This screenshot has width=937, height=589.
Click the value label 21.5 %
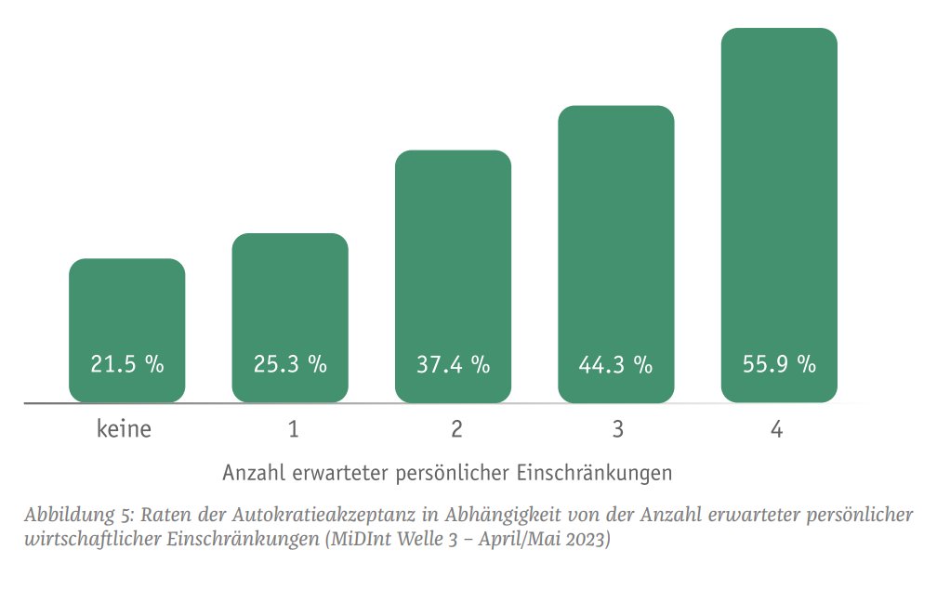click(x=127, y=364)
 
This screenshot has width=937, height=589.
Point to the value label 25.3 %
click(x=290, y=364)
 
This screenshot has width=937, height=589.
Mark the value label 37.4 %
click(x=453, y=364)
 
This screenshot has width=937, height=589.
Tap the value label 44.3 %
click(x=615, y=364)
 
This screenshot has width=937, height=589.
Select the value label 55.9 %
click(x=779, y=364)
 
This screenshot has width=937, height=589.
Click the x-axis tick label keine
click(x=124, y=430)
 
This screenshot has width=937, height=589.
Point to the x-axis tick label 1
click(x=294, y=430)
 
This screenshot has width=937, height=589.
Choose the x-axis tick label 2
click(x=456, y=430)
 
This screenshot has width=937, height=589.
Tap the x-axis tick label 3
click(x=618, y=430)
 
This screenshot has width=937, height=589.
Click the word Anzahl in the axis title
click(x=253, y=473)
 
